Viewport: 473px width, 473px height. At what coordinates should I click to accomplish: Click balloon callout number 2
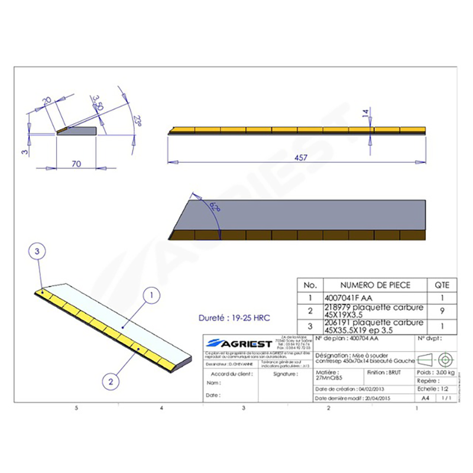tap(108, 382)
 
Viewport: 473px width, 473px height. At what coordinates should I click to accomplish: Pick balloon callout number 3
tap(37, 251)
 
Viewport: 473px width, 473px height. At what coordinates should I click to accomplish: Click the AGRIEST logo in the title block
tap(238, 344)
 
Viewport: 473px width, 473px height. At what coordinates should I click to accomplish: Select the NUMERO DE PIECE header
tap(374, 284)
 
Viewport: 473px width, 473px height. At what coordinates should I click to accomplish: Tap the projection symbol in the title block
tap(437, 359)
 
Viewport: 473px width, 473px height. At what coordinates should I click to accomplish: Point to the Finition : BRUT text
tap(385, 374)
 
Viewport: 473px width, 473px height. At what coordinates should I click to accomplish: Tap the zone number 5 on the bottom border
tap(76, 409)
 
